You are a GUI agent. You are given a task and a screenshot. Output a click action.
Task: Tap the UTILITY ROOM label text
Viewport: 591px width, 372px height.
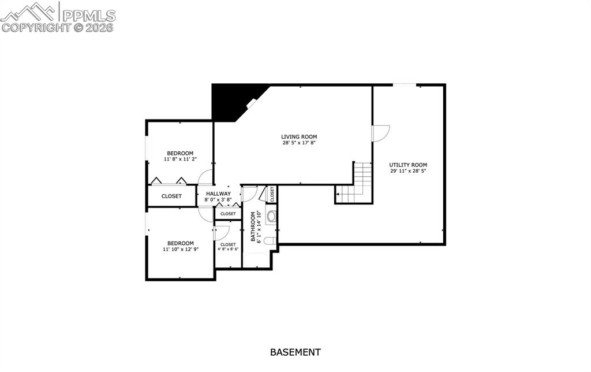pyautogui.click(x=408, y=165)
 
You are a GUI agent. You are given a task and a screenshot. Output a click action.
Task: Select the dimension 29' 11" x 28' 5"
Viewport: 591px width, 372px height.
pyautogui.click(x=408, y=171)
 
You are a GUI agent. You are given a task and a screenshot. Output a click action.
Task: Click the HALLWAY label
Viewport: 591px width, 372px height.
pyautogui.click(x=218, y=194)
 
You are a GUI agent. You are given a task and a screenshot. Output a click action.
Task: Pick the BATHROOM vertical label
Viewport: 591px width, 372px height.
pyautogui.click(x=253, y=226)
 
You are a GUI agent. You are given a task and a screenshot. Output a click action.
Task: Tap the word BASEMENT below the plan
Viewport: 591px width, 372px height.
pyautogui.click(x=295, y=352)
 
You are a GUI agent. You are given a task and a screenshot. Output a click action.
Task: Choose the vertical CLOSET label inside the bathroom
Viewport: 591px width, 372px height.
pyautogui.click(x=272, y=194)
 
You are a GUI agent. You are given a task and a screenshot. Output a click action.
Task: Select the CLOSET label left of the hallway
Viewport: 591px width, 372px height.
pyautogui.click(x=171, y=196)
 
